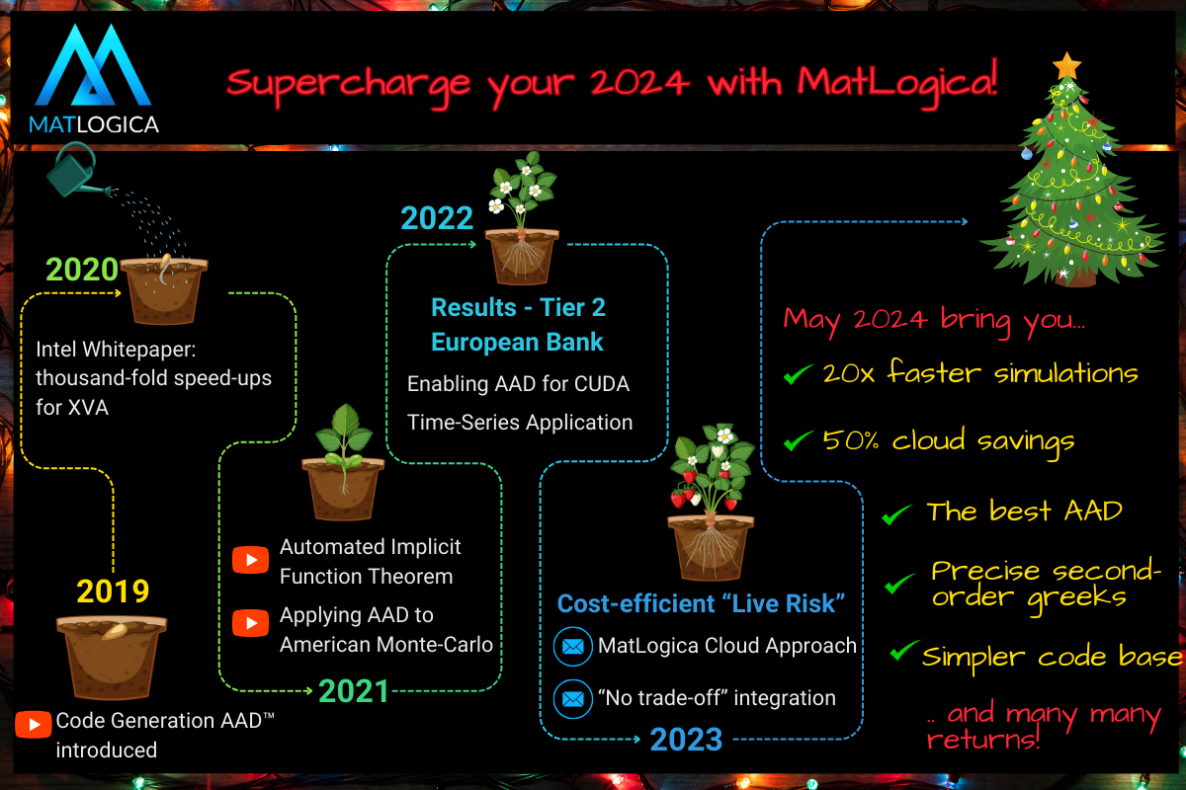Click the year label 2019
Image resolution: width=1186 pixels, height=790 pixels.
113,592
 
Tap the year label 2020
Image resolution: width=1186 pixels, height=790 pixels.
82,270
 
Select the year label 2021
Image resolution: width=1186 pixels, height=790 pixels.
354,691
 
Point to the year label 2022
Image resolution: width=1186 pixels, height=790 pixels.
437,218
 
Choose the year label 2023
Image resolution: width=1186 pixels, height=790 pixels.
686,740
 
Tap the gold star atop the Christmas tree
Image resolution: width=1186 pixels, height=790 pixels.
1066,66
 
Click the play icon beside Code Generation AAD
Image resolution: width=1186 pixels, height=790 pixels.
34,724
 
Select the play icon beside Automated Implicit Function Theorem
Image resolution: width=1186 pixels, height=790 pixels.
250,559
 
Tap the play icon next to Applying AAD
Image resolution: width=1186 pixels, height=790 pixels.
250,623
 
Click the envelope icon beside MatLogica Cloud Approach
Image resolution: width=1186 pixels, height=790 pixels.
573,646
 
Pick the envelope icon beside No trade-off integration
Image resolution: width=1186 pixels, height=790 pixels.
573,698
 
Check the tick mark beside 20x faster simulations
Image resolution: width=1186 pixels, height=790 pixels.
798,374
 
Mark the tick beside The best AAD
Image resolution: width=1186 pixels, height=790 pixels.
896,513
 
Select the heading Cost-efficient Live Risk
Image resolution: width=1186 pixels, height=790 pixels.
701,603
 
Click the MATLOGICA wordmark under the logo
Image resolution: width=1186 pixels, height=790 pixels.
94,124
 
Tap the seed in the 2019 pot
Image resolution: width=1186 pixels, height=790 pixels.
115,631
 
